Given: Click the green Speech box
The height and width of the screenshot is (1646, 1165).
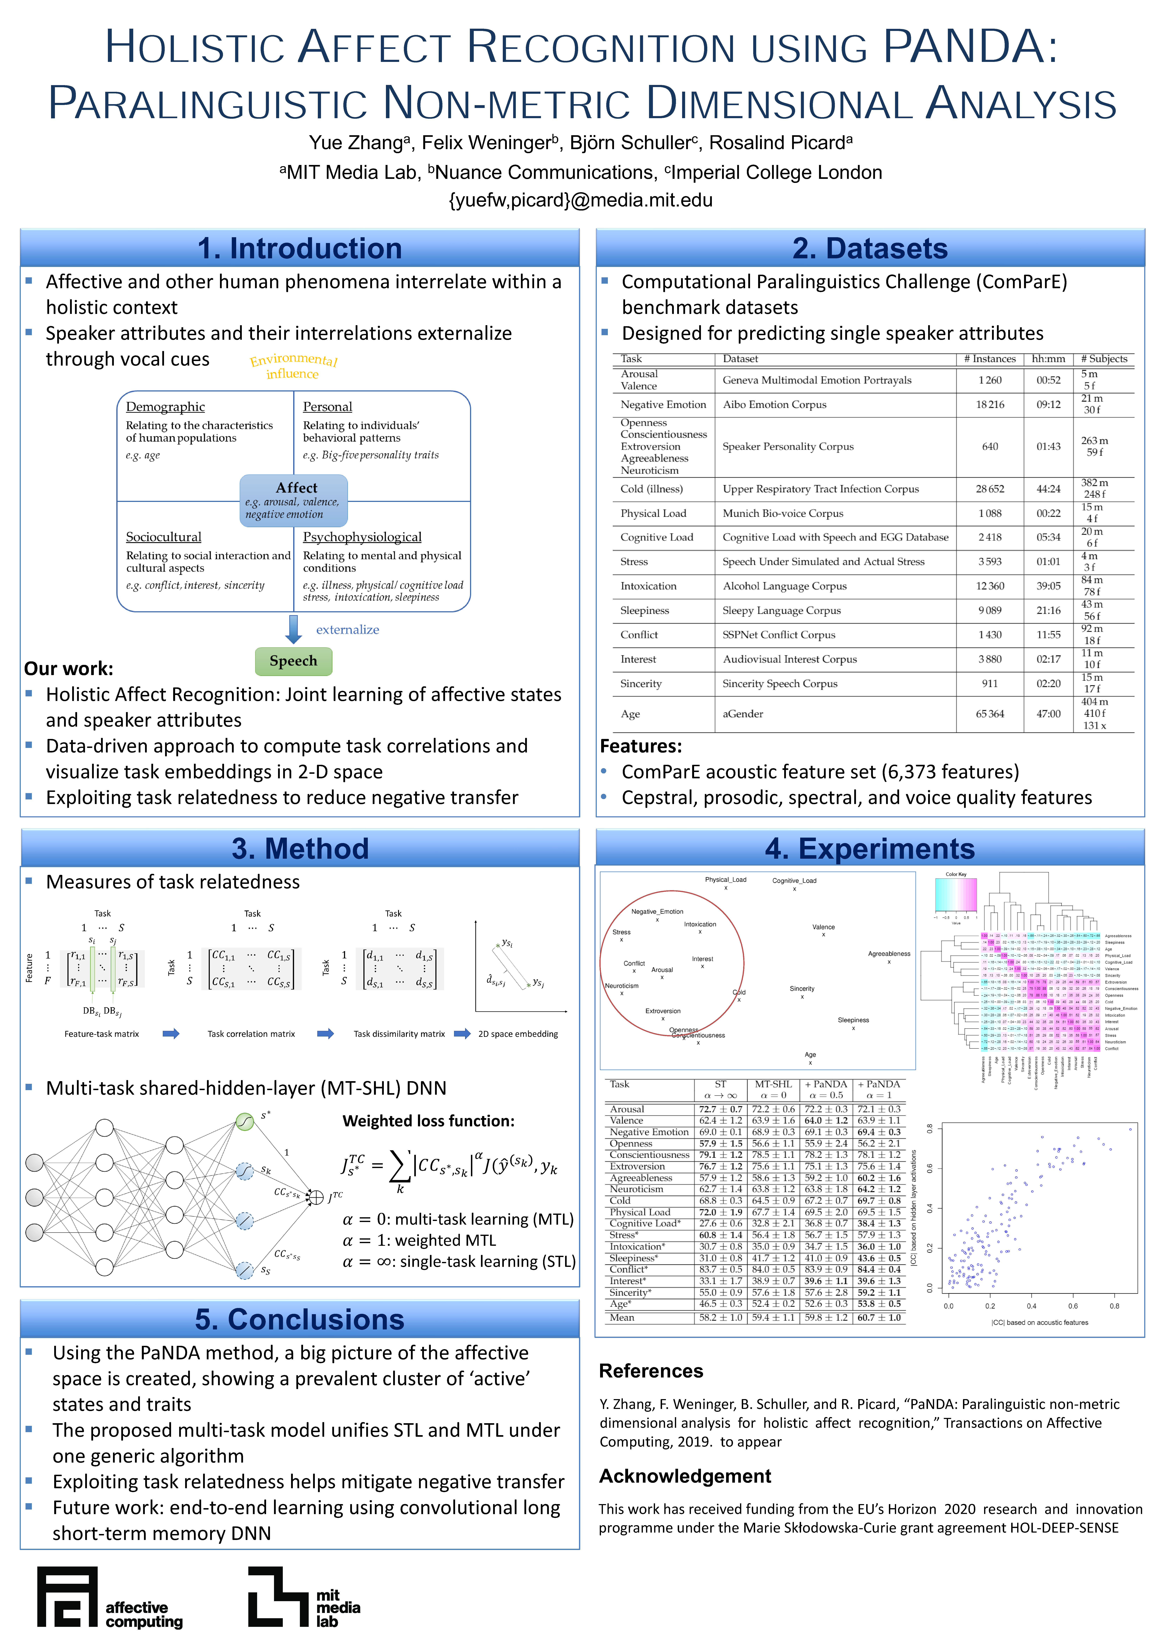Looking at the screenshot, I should pos(293,661).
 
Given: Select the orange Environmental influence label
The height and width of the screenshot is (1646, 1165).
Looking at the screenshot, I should pos(293,366).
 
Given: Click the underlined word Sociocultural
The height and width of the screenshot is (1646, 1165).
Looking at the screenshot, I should pos(163,537).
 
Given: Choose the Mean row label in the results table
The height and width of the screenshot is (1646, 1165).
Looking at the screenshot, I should pos(622,1318).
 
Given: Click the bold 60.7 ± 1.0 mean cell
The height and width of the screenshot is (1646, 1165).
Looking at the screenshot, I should pos(879,1318).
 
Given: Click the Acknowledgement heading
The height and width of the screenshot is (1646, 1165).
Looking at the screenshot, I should pos(685,1476).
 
